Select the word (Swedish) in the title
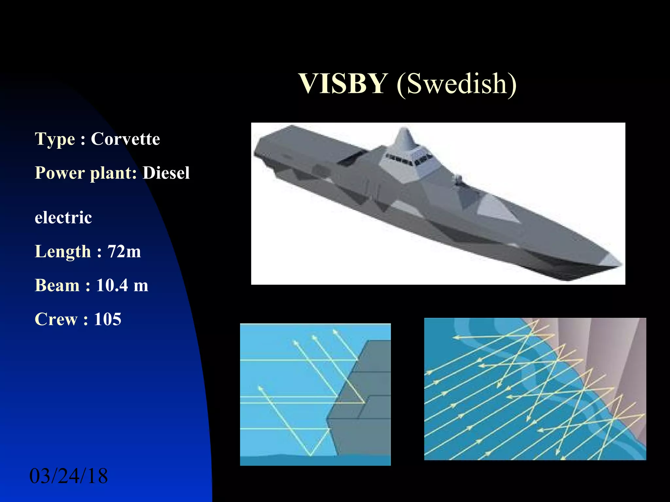[457, 84]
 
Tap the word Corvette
[125, 139]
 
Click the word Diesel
[166, 173]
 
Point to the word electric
[63, 218]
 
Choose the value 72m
[124, 252]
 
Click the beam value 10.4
[112, 285]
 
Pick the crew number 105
[108, 319]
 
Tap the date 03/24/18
[68, 476]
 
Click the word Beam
[57, 285]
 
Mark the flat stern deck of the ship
[304, 144]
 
